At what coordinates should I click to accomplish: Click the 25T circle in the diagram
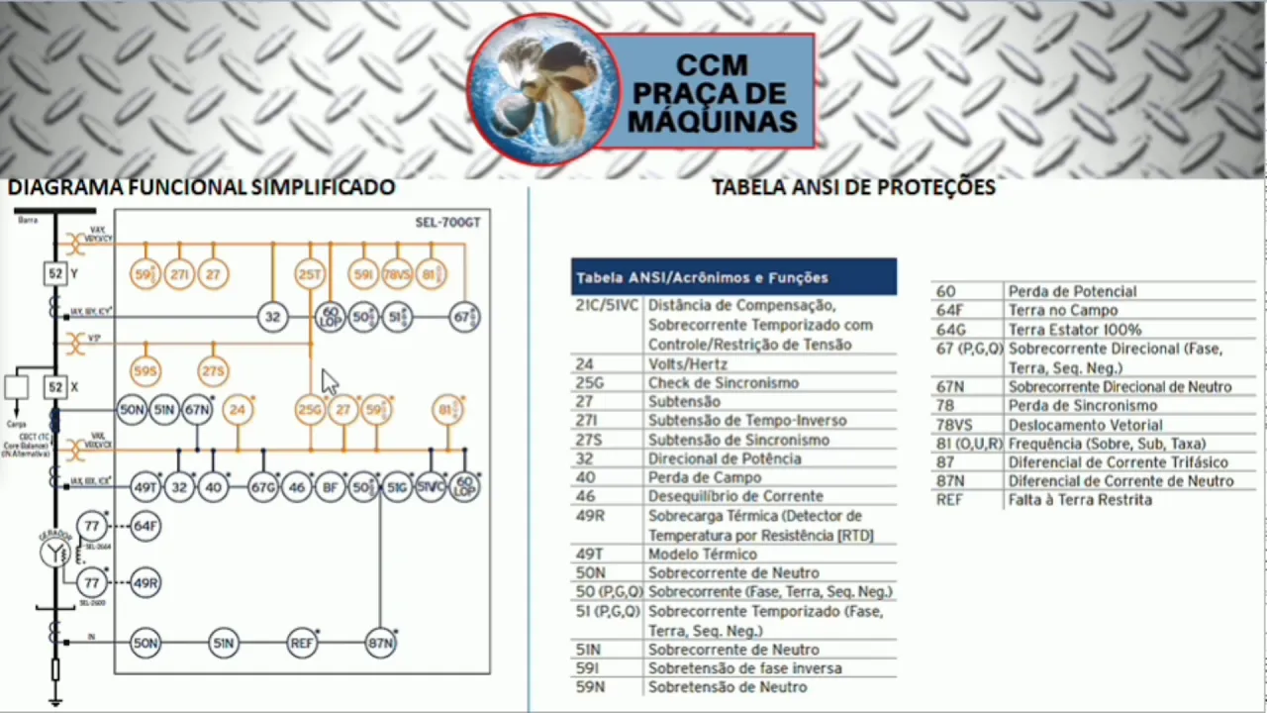click(310, 274)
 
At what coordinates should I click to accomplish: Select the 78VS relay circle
click(397, 274)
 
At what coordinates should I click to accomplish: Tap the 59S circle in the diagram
click(146, 371)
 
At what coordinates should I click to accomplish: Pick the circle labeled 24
click(237, 409)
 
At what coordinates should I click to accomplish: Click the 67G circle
click(263, 487)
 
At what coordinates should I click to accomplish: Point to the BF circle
click(330, 487)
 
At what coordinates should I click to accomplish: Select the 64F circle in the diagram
click(146, 526)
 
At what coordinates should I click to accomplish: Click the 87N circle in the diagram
click(381, 643)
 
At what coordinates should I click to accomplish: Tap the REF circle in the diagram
click(302, 643)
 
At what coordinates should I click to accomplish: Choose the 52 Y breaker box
click(55, 274)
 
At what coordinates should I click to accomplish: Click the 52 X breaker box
click(55, 387)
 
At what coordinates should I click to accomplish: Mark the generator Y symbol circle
click(55, 553)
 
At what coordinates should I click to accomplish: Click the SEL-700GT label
click(447, 223)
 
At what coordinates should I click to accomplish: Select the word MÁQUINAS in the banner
click(712, 122)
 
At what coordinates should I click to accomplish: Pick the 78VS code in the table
click(953, 425)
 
